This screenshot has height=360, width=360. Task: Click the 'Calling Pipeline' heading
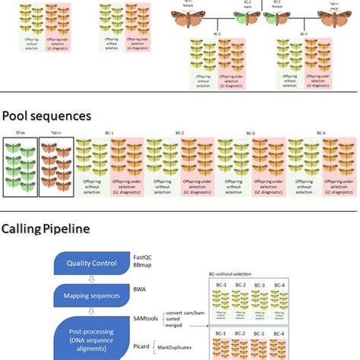(46, 228)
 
